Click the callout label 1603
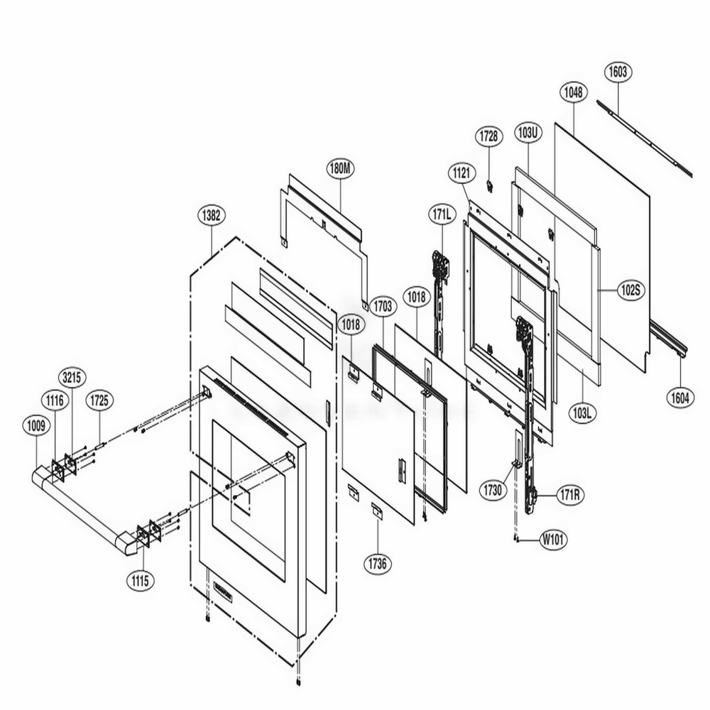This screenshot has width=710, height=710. [x=618, y=72]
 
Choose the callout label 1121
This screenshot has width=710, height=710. [x=461, y=173]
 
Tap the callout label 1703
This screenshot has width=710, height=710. [x=382, y=306]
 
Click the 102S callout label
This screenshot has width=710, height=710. [x=629, y=290]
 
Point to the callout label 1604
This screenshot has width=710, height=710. [x=680, y=398]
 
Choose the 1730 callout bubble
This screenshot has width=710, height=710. [x=492, y=490]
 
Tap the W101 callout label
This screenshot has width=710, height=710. [x=553, y=539]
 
